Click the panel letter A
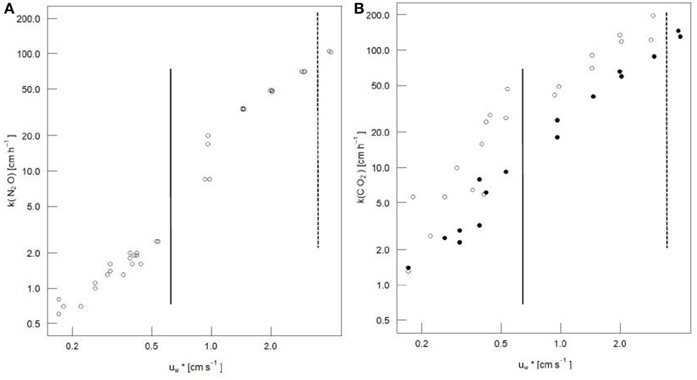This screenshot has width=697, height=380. click(x=9, y=10)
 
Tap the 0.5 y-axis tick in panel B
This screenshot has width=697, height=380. click(x=386, y=321)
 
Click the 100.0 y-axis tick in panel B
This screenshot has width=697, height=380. click(x=382, y=50)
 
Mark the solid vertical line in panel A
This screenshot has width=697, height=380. click(x=170, y=186)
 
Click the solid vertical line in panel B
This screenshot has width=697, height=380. click(x=523, y=186)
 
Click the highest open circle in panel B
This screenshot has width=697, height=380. click(x=653, y=15)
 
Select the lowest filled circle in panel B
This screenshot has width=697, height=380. click(x=408, y=268)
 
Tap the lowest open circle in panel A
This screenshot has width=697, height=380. click(x=59, y=314)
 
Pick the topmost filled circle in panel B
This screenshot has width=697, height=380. click(x=678, y=31)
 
